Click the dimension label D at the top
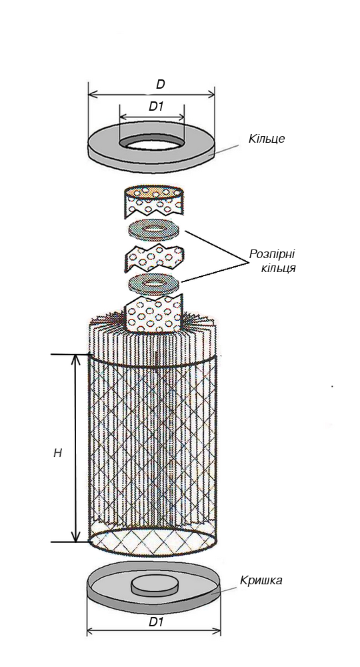[x=160, y=84]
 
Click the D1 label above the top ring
[x=156, y=107]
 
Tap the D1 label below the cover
[x=156, y=622]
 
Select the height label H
[x=58, y=453]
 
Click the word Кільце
[x=267, y=139]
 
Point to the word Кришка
[x=261, y=580]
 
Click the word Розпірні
[x=272, y=254]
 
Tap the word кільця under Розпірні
[x=279, y=269]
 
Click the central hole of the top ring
[x=151, y=144]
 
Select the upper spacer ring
[x=153, y=229]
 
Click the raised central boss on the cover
[x=155, y=586]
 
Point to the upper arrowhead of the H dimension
[x=75, y=359]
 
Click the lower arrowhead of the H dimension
[x=75, y=536]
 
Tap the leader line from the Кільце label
[x=231, y=149]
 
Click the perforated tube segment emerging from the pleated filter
[x=154, y=315]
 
